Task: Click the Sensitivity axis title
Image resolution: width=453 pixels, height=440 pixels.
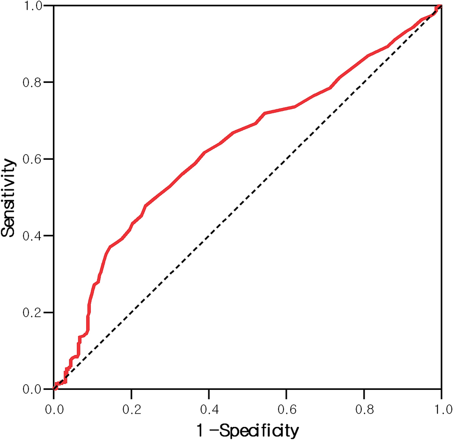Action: pos(10,197)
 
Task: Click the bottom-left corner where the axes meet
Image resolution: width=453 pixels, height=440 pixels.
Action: pos(54,389)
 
